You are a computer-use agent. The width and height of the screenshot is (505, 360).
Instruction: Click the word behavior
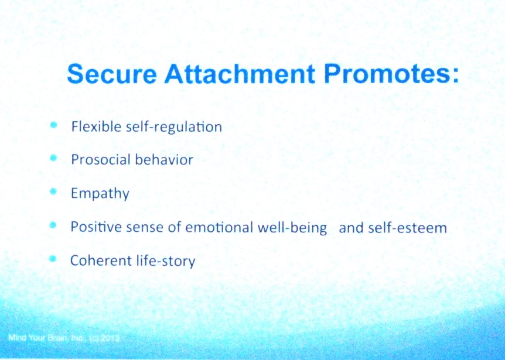(166, 159)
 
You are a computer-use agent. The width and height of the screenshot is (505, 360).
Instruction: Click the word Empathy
(100, 194)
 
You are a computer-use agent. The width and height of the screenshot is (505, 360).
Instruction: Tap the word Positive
(93, 227)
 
